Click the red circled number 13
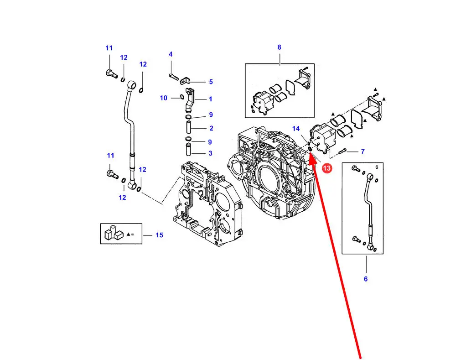point(327,169)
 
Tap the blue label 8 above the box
point(279,47)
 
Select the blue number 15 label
point(159,235)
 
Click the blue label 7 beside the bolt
point(363,151)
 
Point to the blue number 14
point(296,129)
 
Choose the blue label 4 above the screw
point(171,54)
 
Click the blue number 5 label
point(211,82)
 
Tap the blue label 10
point(164,98)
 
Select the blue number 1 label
point(211,99)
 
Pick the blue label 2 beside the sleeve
point(211,128)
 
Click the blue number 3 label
point(211,153)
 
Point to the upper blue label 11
point(109,48)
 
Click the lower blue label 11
point(110,156)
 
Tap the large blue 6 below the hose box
point(365,279)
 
